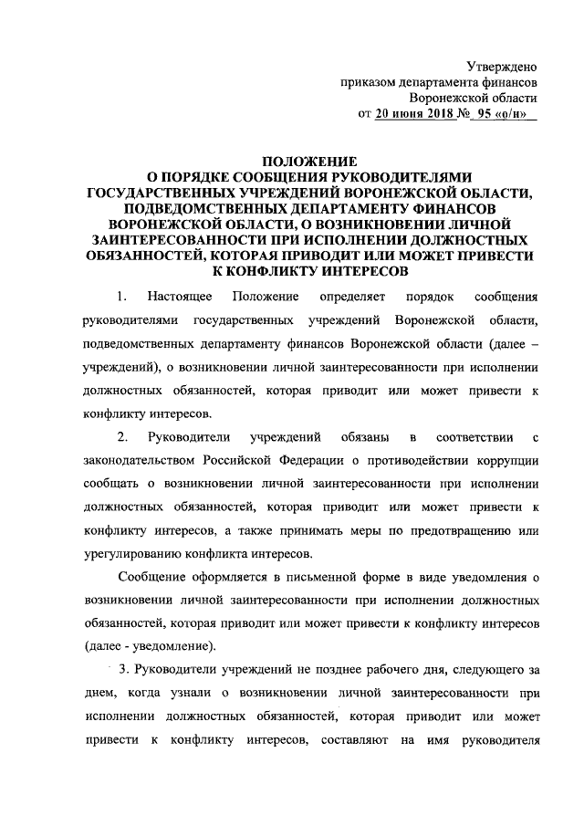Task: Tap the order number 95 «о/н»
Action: (503, 114)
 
